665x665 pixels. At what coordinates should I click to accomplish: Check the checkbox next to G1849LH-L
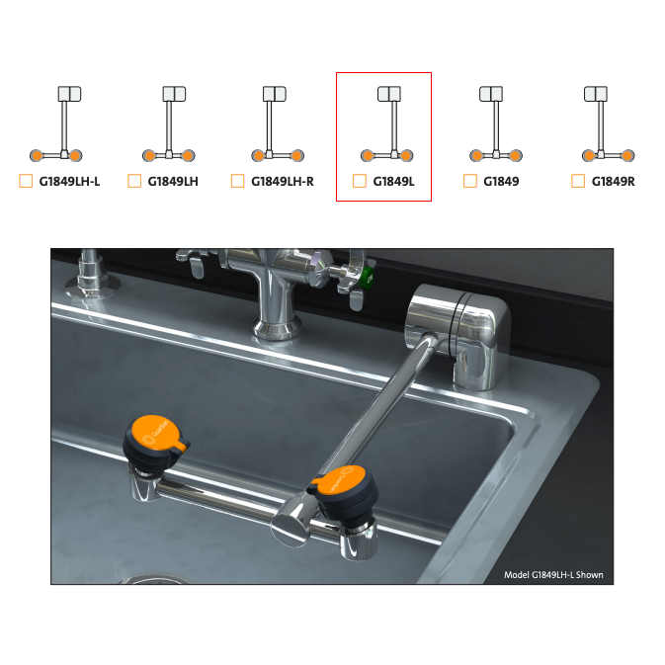[x=26, y=181]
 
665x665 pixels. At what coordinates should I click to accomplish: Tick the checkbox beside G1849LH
[x=134, y=181]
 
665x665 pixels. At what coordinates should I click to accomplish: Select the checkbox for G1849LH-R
[x=237, y=181]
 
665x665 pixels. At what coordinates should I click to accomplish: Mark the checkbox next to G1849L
[x=360, y=181]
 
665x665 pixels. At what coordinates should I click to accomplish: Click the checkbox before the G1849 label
[x=470, y=181]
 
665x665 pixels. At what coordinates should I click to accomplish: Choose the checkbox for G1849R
[x=578, y=181]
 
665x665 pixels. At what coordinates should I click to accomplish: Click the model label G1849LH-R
[x=283, y=182]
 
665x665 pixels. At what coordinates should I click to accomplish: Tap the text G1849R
[x=614, y=182]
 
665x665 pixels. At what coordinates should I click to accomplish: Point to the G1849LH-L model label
[x=69, y=182]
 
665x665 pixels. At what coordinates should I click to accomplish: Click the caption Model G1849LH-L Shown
[x=553, y=575]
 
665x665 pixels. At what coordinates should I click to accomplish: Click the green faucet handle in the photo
[x=368, y=278]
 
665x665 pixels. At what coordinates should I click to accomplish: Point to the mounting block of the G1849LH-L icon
[x=69, y=94]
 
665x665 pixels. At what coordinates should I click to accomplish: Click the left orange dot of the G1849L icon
[x=369, y=156]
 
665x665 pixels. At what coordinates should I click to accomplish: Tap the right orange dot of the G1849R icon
[x=627, y=156]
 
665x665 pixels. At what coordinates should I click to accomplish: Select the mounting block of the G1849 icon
[x=491, y=94]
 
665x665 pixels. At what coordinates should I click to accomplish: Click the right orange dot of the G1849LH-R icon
[x=296, y=156]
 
